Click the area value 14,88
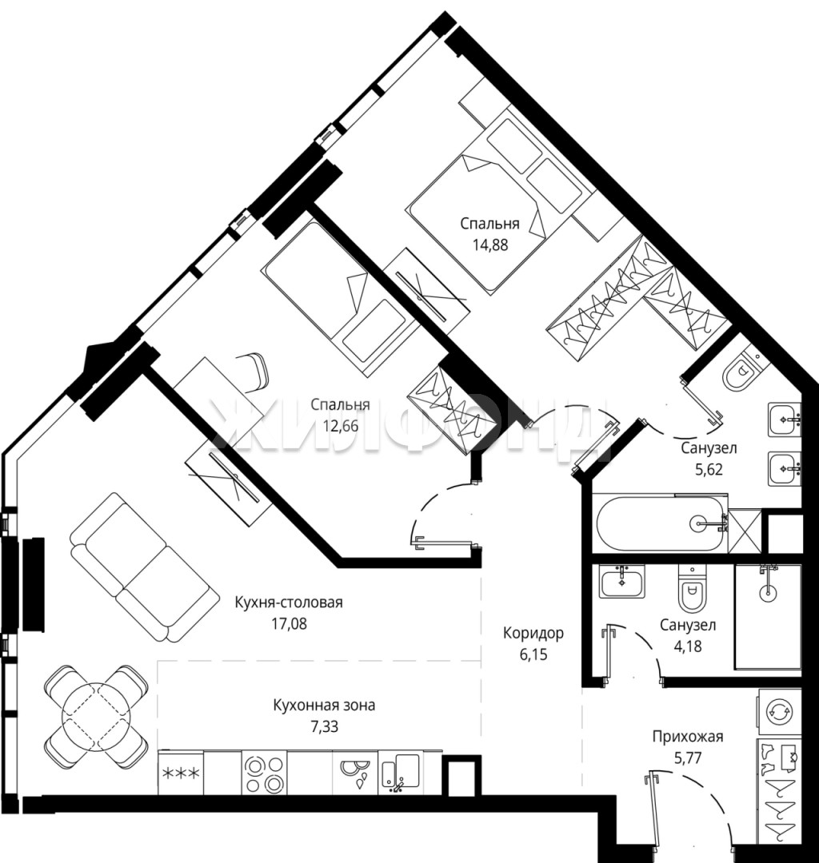coord(490,245)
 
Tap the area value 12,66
coord(341,426)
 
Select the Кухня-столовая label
coord(289,603)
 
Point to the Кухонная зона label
coord(325,705)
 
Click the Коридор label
coord(533,633)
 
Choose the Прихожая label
coord(687,737)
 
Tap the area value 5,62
coord(709,470)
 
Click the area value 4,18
coord(688,646)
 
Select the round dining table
coord(97,716)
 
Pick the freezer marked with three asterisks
coord(181,774)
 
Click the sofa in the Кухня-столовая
coord(141,567)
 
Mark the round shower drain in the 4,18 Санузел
coord(767,593)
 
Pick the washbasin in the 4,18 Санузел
coord(621,583)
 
